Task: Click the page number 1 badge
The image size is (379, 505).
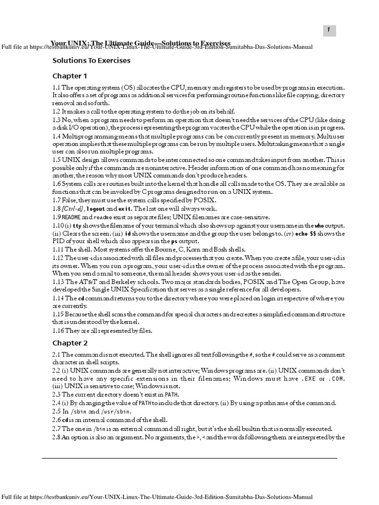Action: pyautogui.click(x=328, y=31)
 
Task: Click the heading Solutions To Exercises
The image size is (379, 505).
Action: pyautogui.click(x=91, y=61)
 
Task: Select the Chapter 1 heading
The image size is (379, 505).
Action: pyautogui.click(x=70, y=76)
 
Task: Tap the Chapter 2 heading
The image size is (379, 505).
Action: pyautogui.click(x=70, y=342)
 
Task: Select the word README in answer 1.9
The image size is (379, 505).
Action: pyautogui.click(x=71, y=217)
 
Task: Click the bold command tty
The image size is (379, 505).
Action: pyautogui.click(x=78, y=225)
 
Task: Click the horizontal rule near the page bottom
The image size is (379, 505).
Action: pyautogui.click(x=189, y=458)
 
